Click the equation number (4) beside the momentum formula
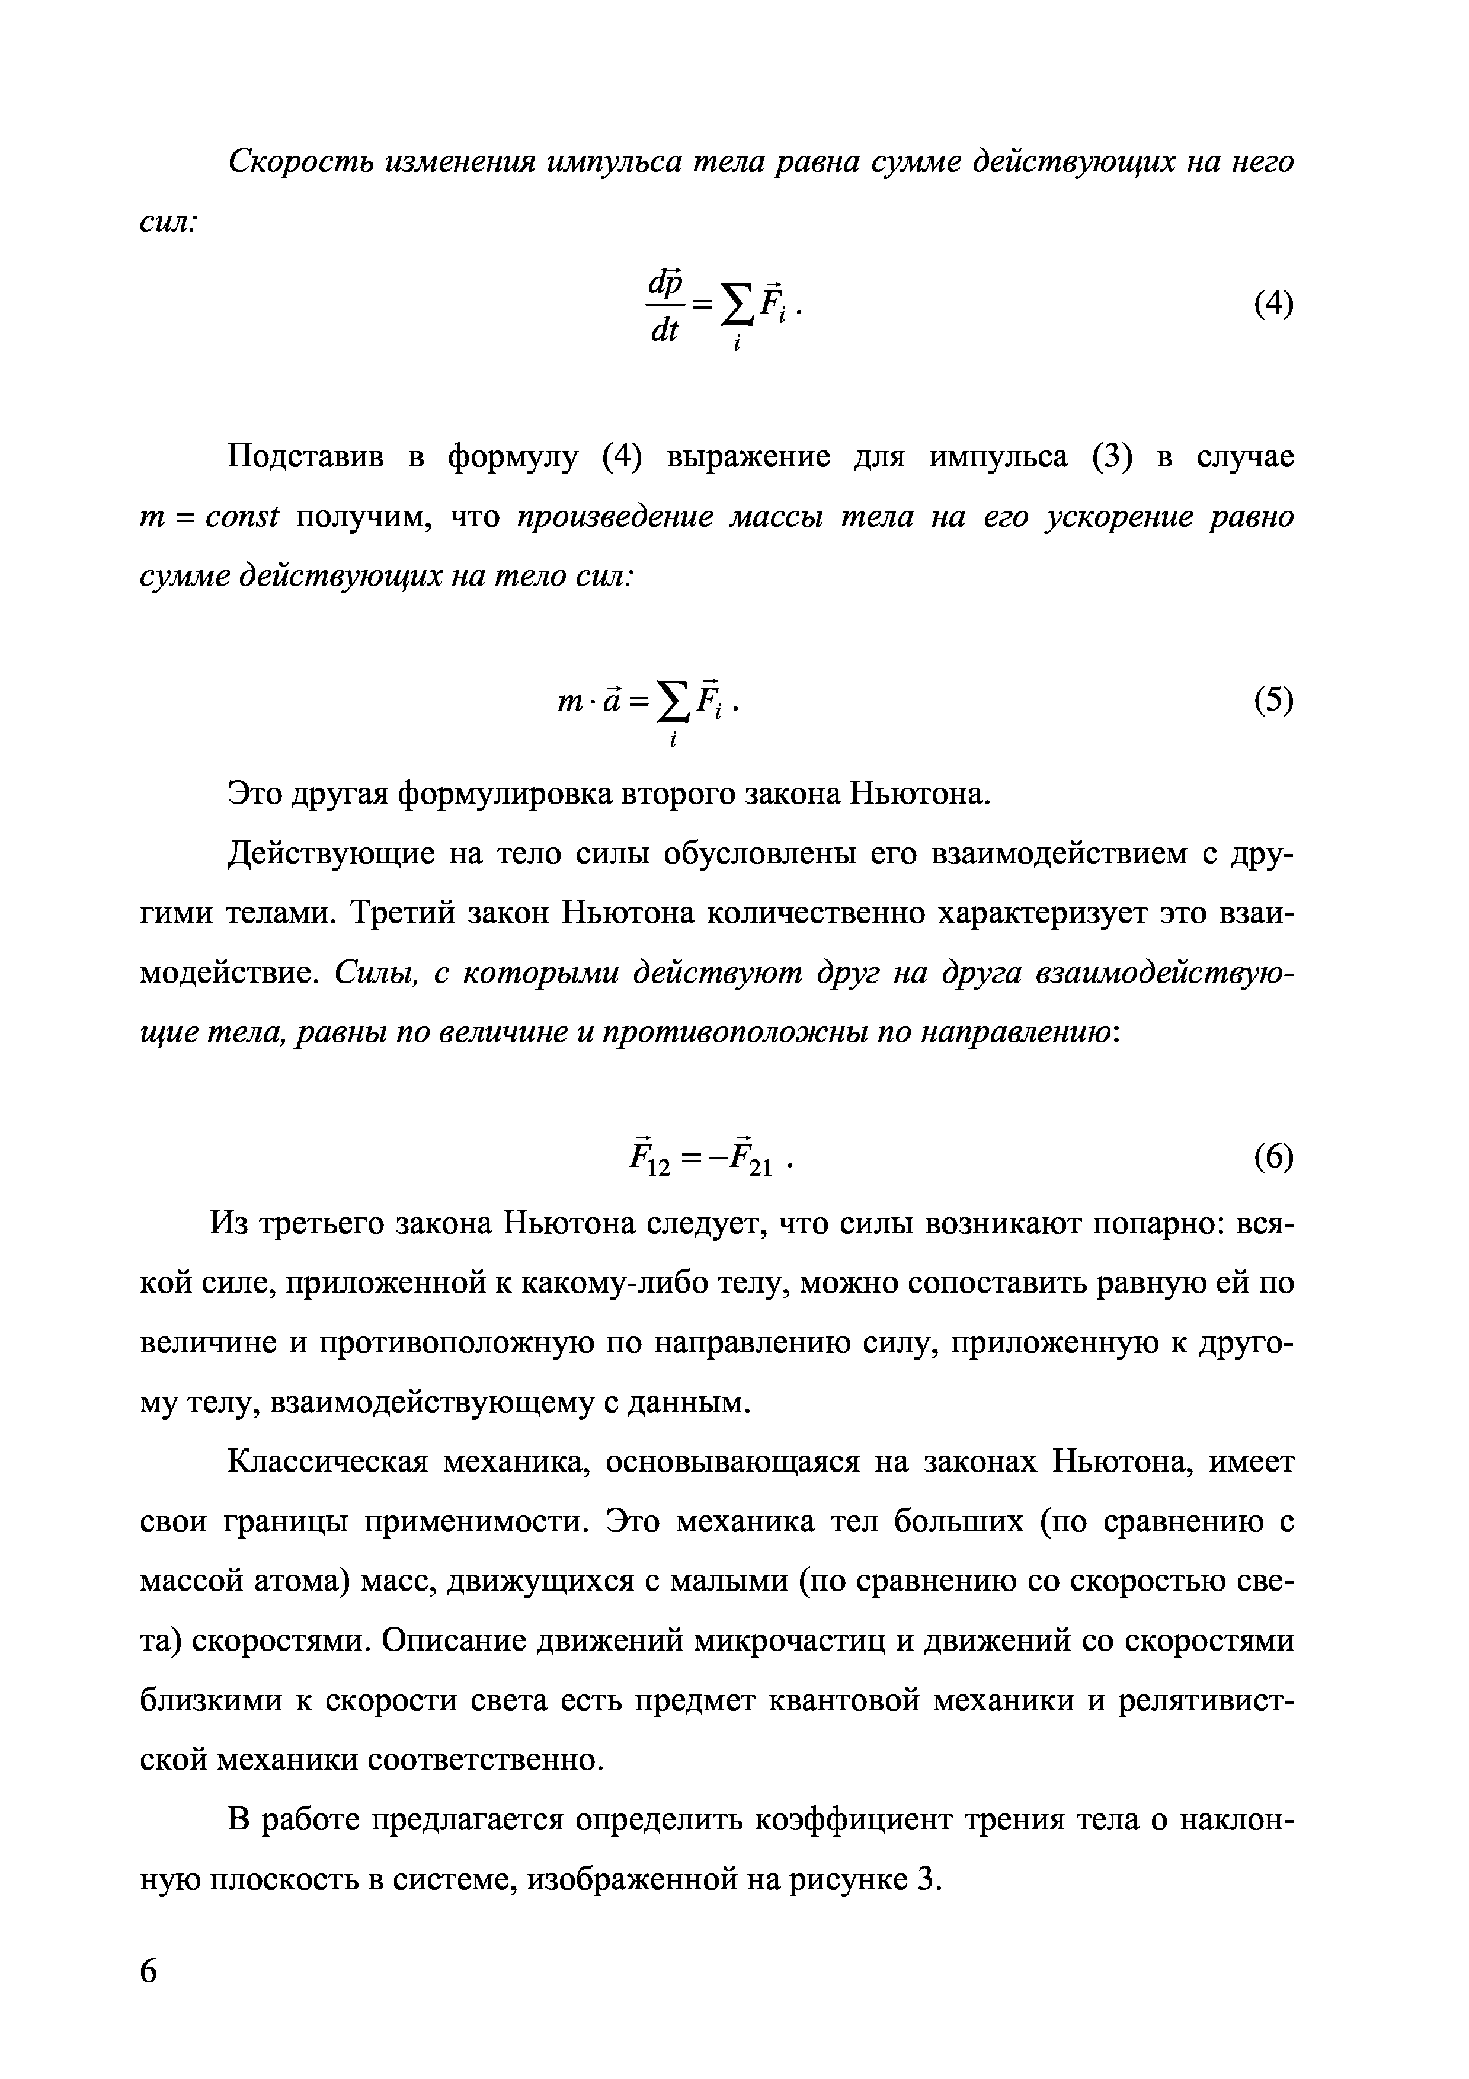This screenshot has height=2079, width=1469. (x=1273, y=304)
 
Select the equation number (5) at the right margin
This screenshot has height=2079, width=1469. (x=1273, y=699)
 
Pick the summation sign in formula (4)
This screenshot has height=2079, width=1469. (x=737, y=306)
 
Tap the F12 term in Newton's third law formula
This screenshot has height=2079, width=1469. (x=649, y=1158)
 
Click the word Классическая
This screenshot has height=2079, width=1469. (x=327, y=1463)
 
